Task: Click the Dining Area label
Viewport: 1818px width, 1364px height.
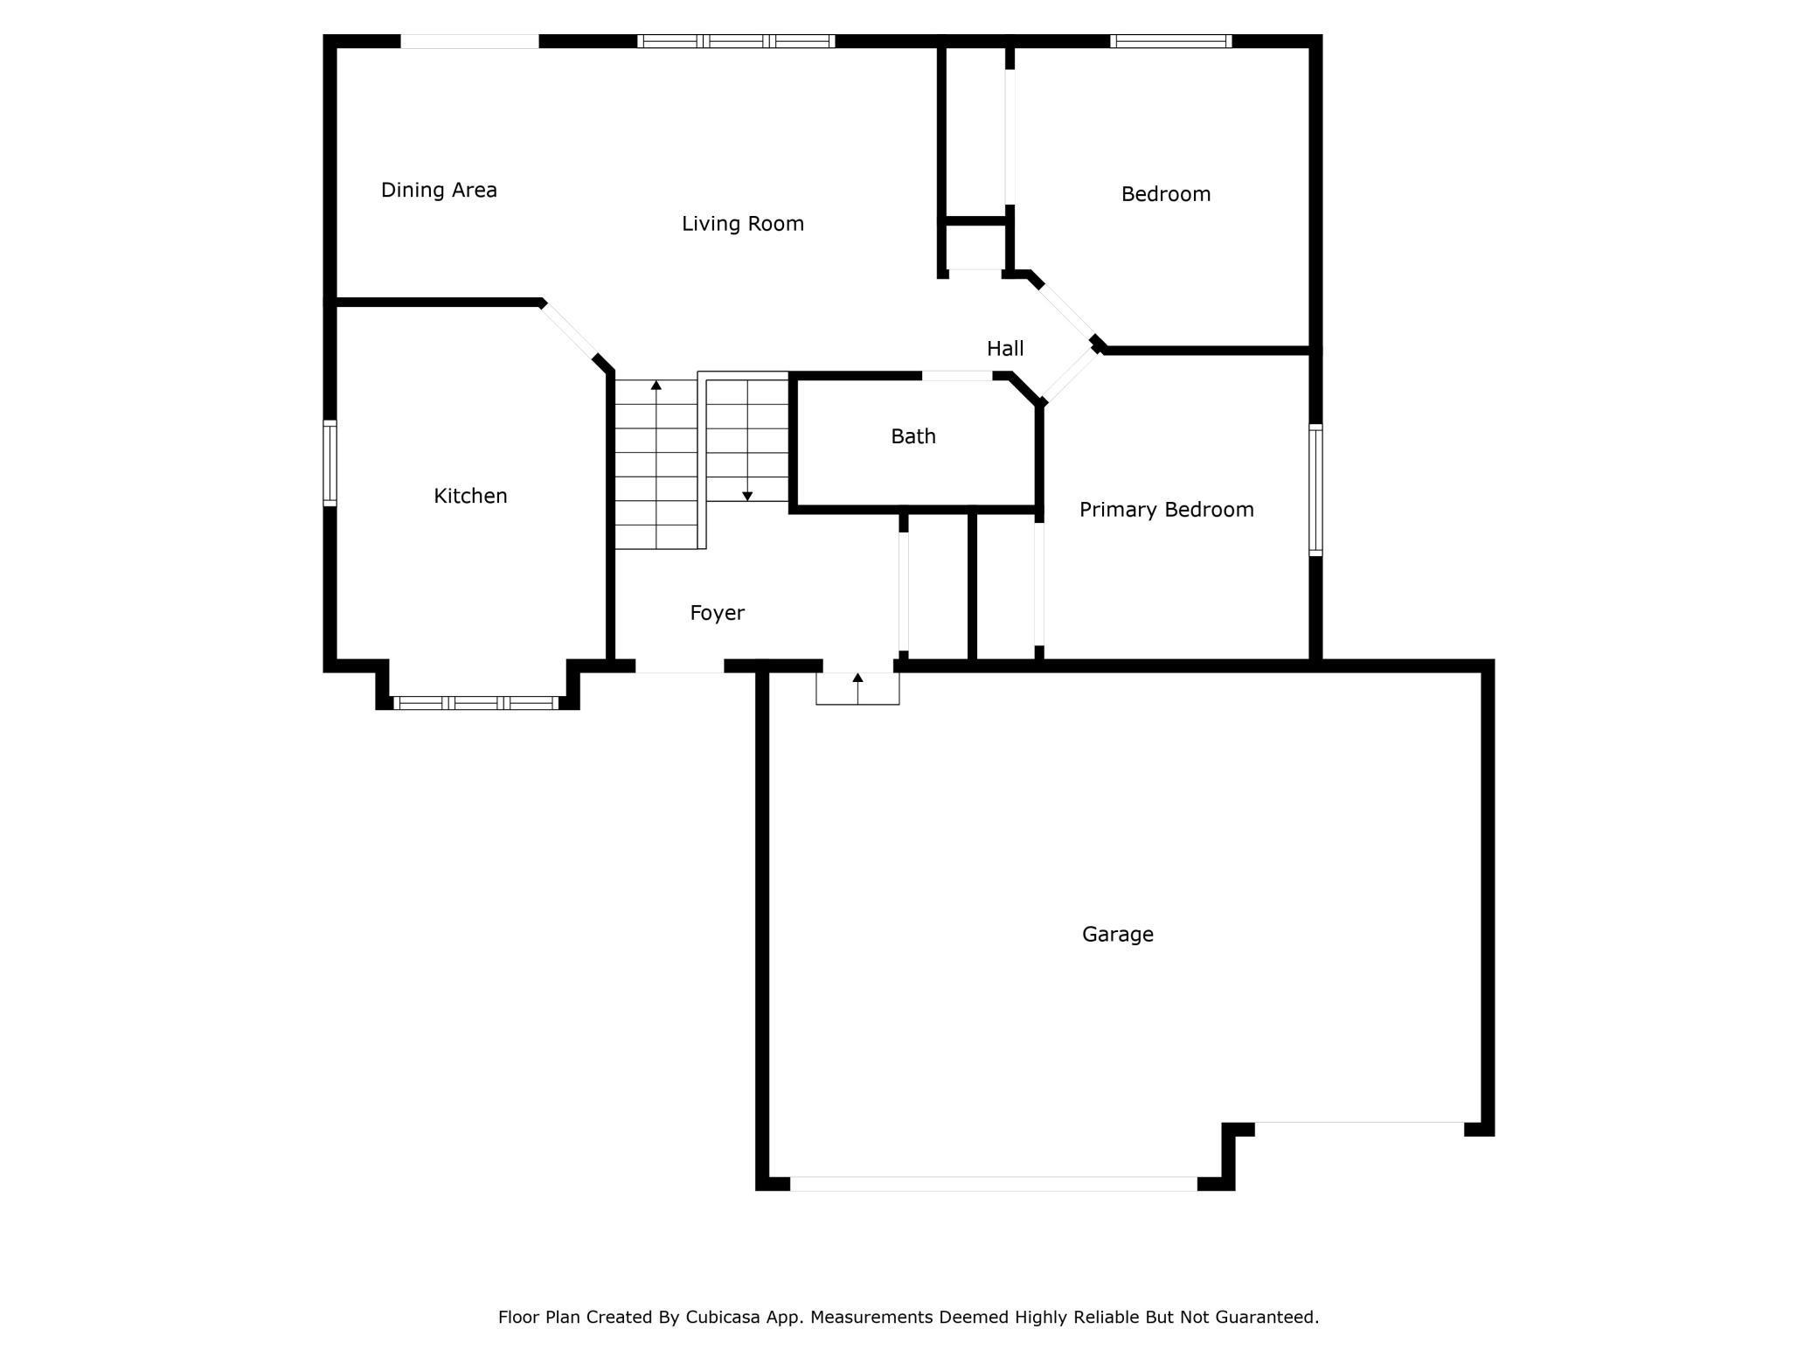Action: tap(439, 190)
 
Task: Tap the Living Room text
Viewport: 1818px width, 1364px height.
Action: tap(743, 224)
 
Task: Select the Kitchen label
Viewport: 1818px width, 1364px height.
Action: tap(470, 496)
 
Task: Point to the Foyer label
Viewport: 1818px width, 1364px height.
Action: tap(717, 613)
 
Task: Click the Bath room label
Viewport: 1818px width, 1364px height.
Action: tap(913, 436)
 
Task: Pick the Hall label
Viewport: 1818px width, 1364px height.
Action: tap(1005, 349)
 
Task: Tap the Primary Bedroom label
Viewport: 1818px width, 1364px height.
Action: tap(1167, 510)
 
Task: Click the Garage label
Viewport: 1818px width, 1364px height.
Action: tap(1118, 935)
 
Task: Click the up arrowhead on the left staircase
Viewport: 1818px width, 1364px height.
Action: tap(656, 385)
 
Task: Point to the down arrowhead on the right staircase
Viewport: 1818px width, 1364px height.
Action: tap(747, 497)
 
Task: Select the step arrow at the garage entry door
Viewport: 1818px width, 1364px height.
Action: tap(857, 688)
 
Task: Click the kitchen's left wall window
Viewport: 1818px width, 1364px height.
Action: tap(330, 463)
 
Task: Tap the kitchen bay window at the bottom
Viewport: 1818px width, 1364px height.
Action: tap(476, 703)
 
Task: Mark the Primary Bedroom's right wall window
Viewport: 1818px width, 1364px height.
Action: tap(1315, 490)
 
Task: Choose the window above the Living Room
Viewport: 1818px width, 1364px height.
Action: tap(736, 41)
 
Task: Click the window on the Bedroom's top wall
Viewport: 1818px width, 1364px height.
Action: tap(1171, 41)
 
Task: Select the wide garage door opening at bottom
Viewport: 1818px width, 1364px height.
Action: tap(994, 1184)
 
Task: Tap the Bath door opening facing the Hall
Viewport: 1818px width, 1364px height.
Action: tap(957, 376)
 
